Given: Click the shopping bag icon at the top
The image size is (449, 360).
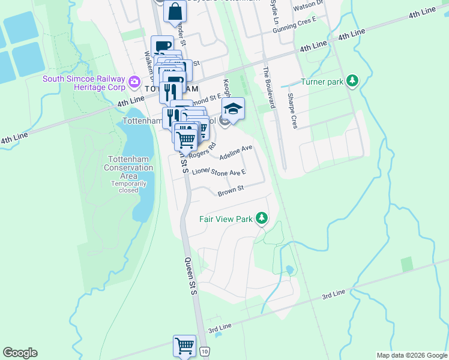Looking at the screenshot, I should point(175,12).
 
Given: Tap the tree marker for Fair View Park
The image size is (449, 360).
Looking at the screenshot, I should point(261,218).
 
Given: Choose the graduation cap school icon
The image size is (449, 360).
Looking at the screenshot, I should point(233,109).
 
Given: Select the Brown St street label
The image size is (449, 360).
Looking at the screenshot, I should point(231,191).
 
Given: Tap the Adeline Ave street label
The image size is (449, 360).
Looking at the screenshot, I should point(237,152).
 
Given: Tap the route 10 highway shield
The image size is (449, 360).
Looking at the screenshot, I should point(205,351).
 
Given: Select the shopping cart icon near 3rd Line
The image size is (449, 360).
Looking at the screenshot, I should point(184,346).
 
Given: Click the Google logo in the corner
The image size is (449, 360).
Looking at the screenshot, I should point(20,353).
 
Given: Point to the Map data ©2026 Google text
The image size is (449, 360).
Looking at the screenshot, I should point(411,355).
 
